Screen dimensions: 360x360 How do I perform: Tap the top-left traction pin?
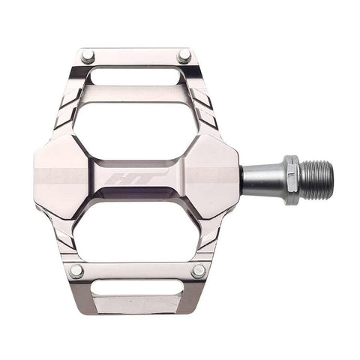click(88, 56)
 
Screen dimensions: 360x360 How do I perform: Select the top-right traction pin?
click(184, 55)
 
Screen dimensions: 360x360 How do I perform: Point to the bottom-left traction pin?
click(76, 271)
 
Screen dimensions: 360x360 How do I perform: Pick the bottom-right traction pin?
click(199, 271)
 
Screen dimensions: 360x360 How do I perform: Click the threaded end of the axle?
click(316, 178)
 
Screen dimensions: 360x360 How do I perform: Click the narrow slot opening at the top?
click(136, 75)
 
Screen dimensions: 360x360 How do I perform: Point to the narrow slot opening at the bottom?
click(136, 289)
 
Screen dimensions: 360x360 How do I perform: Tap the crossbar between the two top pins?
click(136, 56)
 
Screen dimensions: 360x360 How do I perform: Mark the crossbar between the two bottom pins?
click(137, 271)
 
